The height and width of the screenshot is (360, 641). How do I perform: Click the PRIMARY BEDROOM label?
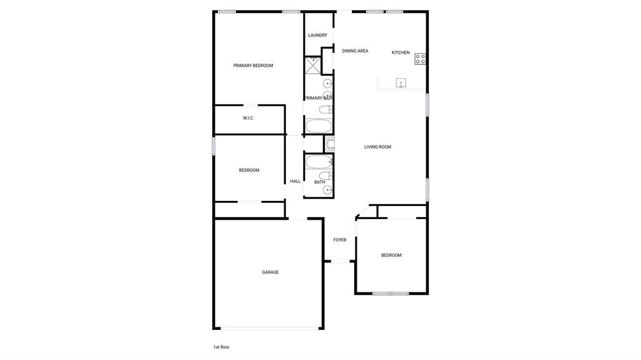[x=253, y=66]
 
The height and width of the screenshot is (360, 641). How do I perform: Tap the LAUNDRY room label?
[x=317, y=35]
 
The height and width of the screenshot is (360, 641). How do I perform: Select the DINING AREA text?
[x=355, y=51]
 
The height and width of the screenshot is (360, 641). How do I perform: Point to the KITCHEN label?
[x=401, y=53]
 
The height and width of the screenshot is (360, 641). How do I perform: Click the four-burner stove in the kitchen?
[x=421, y=59]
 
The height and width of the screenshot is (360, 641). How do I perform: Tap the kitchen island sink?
[x=401, y=83]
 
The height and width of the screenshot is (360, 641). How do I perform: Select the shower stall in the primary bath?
[x=312, y=66]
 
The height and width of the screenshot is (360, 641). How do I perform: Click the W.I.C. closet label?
[x=249, y=118]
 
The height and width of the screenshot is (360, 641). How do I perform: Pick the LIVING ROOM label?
[x=377, y=147]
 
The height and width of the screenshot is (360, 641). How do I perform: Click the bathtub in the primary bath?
[x=319, y=126]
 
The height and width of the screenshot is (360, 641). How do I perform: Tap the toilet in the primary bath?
[x=326, y=110]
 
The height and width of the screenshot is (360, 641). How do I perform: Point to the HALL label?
[x=295, y=182]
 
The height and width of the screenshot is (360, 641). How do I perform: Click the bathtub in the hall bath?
[x=319, y=162]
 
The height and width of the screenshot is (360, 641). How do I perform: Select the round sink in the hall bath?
[x=327, y=190]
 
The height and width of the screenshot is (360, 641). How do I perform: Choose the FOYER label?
[x=340, y=240]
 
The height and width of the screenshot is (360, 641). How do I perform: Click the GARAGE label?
[x=270, y=272]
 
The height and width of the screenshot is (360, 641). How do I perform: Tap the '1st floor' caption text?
[x=221, y=347]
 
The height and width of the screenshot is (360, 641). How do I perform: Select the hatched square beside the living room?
[x=329, y=143]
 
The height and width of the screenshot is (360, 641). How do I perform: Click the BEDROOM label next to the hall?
[x=249, y=170]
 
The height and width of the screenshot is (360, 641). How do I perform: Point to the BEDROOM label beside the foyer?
[x=391, y=255]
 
